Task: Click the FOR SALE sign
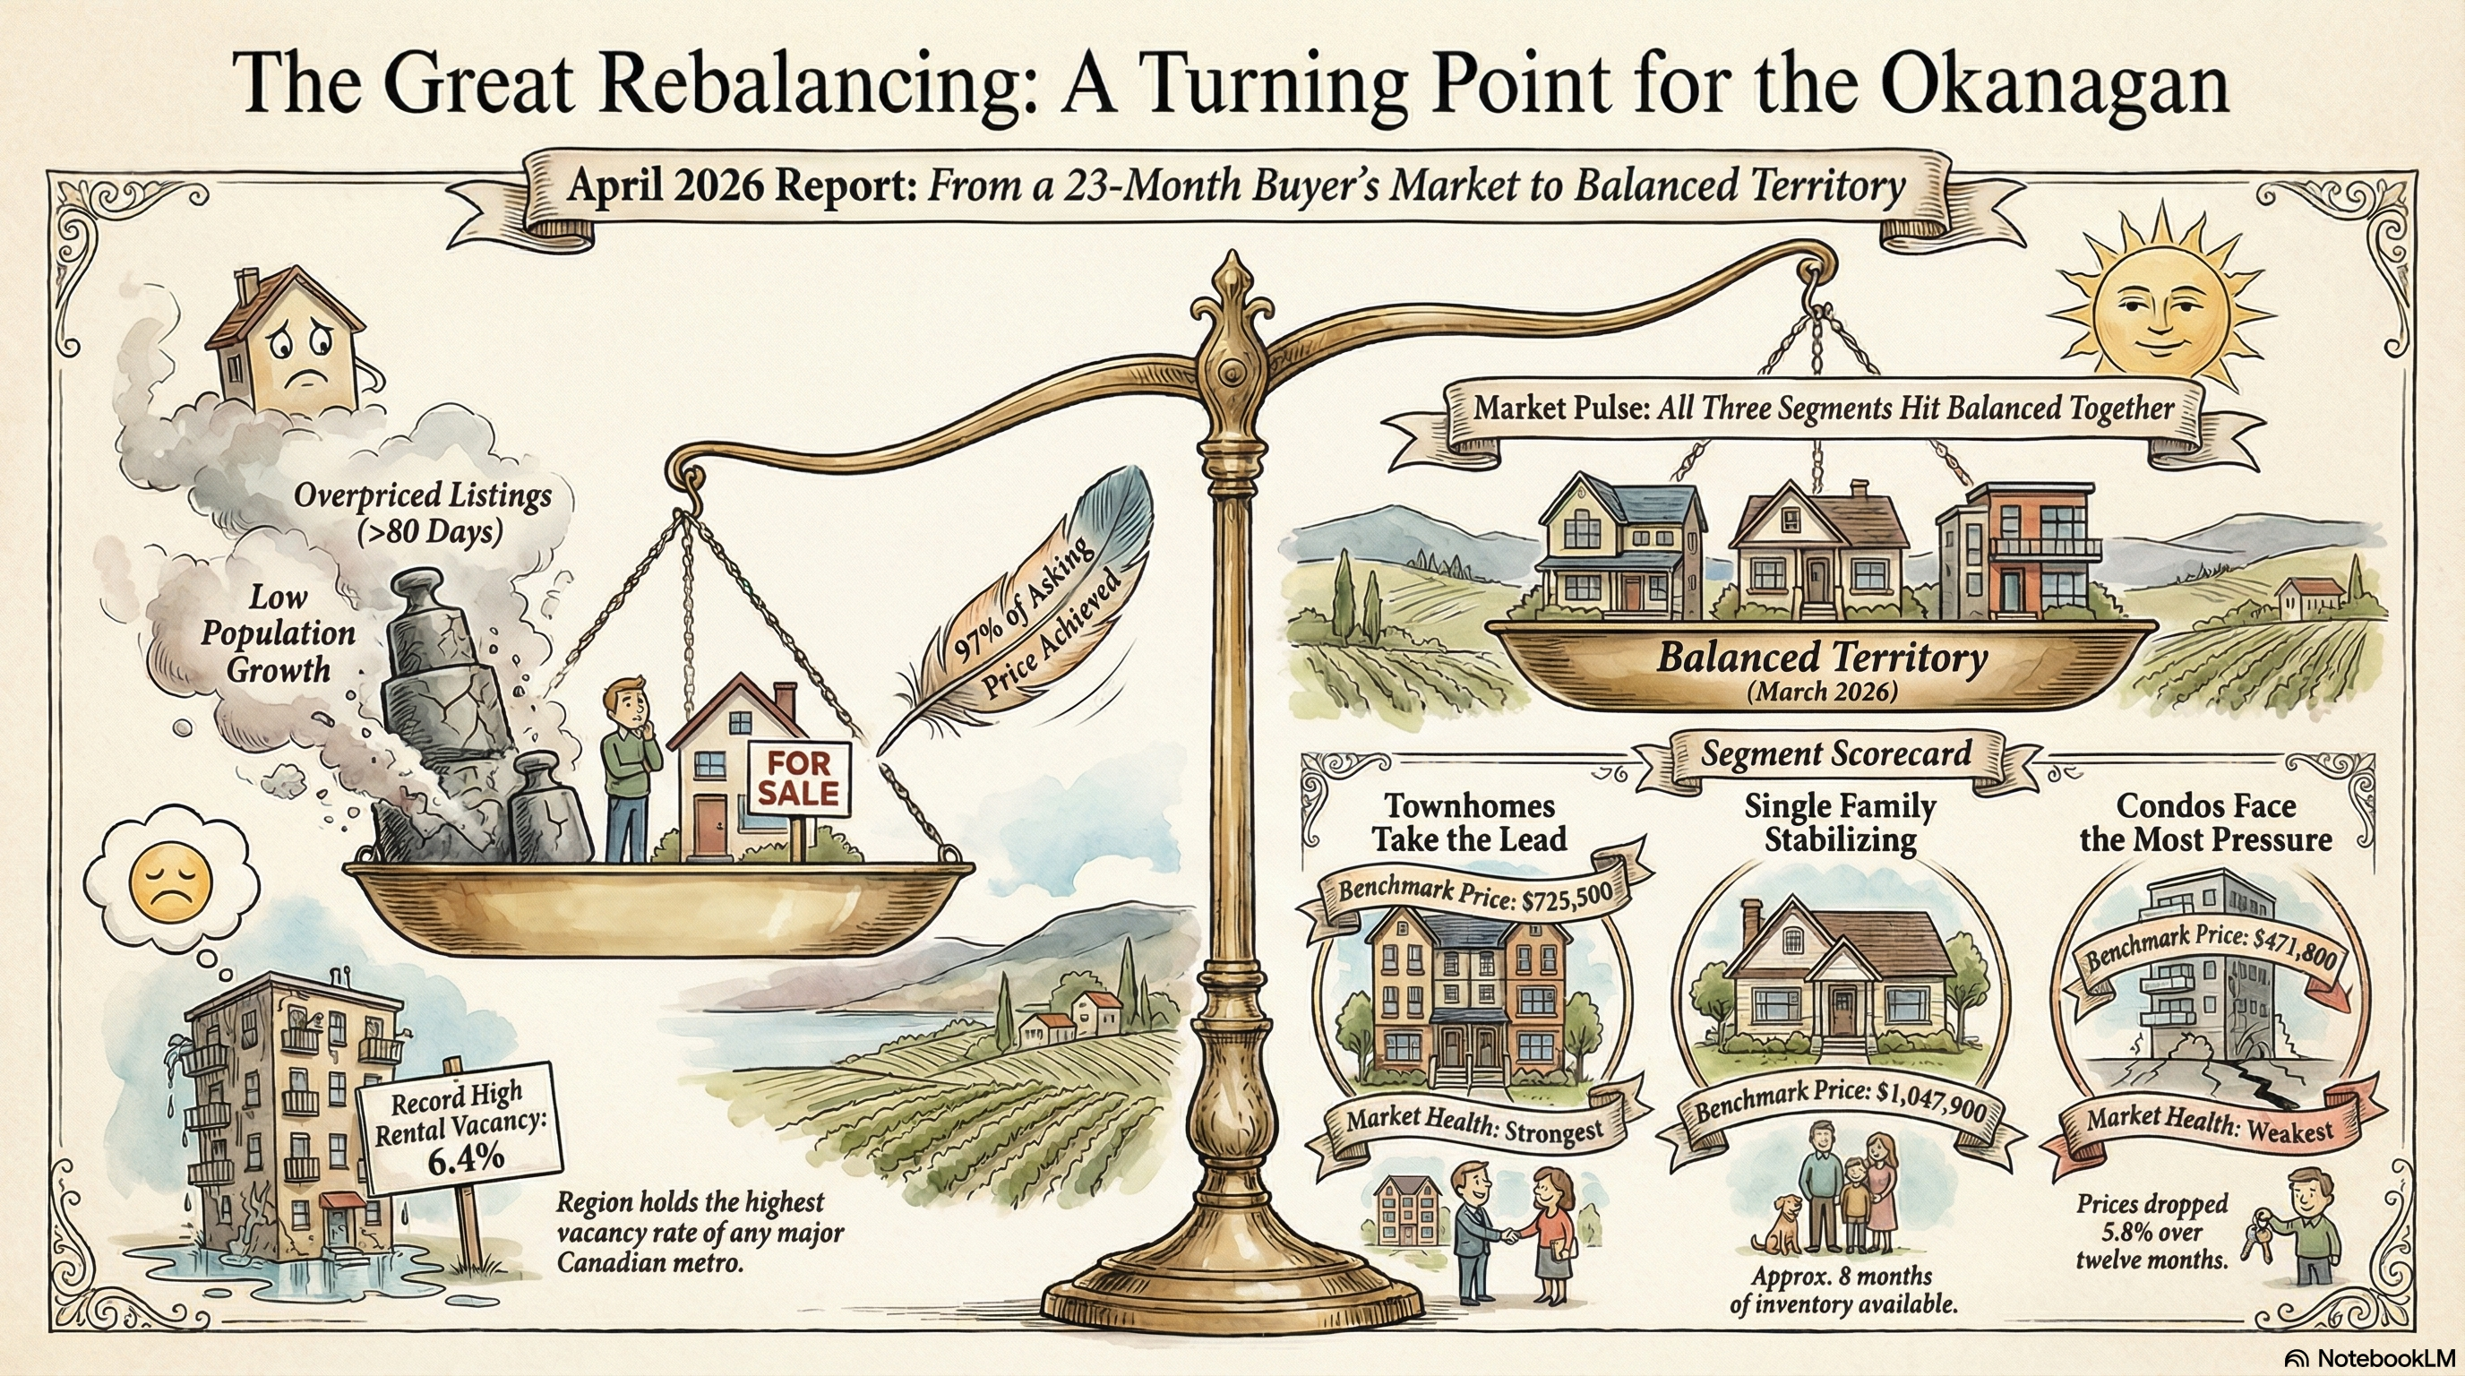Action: (x=798, y=778)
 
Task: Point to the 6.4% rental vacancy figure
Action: (x=465, y=1160)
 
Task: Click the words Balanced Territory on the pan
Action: (x=1822, y=658)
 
